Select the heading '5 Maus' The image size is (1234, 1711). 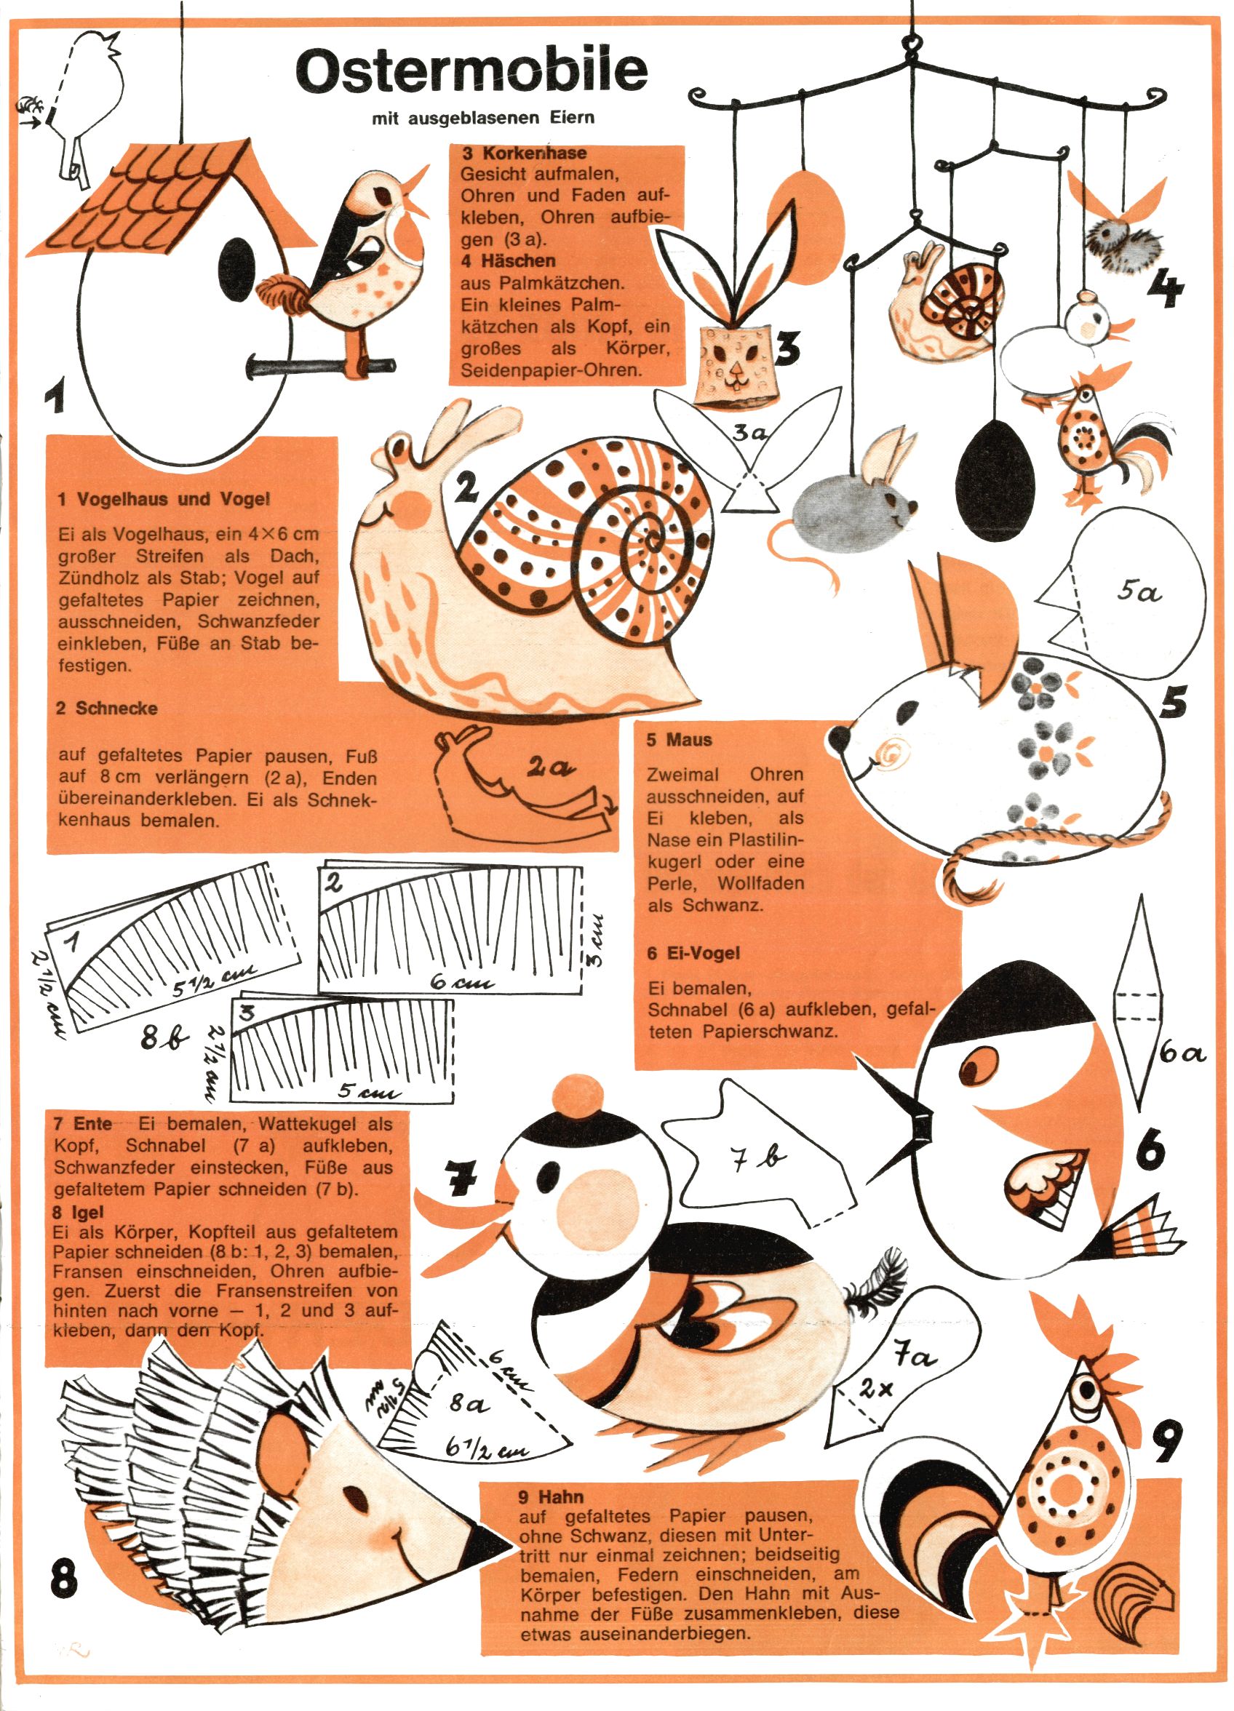click(680, 739)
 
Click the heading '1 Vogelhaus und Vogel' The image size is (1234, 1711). click(163, 498)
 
